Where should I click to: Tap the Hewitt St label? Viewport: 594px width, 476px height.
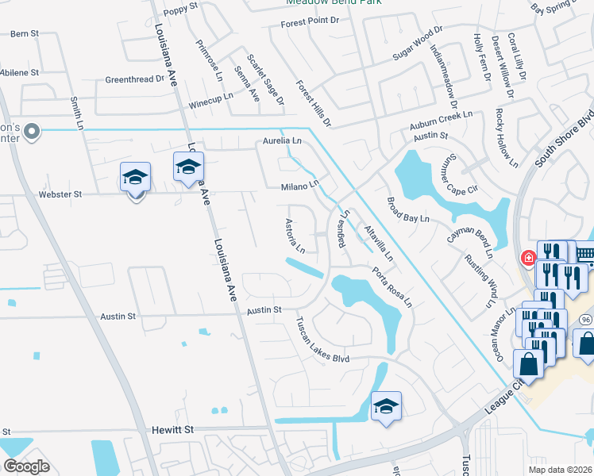point(173,429)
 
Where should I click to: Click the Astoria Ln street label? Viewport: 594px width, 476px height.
point(291,231)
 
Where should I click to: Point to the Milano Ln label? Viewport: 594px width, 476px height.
point(299,186)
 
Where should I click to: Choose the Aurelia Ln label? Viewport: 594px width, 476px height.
point(283,141)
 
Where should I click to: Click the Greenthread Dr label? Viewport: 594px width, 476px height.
point(135,80)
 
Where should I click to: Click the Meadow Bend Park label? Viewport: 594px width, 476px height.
point(334,2)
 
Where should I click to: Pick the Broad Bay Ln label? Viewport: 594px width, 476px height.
point(408,208)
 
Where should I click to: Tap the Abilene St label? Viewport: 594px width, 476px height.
point(20,72)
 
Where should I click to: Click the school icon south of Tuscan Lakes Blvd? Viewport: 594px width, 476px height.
point(386,407)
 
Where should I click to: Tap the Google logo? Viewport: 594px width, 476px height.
point(26,466)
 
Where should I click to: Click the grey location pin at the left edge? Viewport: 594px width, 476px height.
point(32,131)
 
